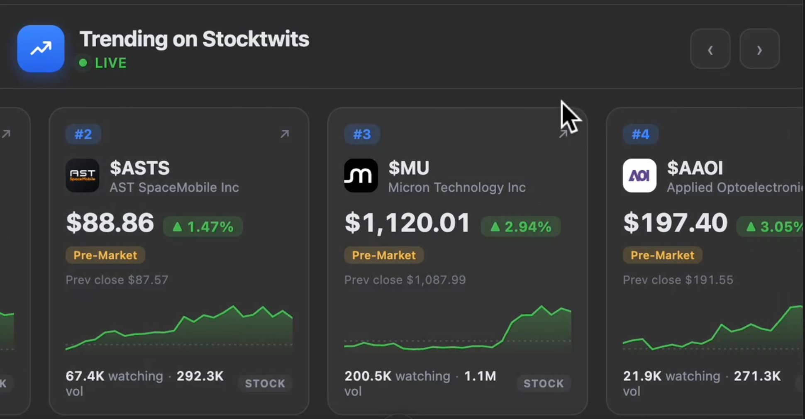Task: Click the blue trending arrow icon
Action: tap(41, 49)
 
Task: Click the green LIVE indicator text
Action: tap(110, 63)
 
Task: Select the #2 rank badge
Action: tap(83, 134)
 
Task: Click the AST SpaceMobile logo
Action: tap(82, 175)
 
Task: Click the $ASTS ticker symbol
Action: tap(140, 168)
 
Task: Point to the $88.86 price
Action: tap(110, 223)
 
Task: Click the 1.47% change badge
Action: tap(203, 227)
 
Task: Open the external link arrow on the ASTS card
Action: tap(285, 134)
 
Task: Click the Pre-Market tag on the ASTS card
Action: tap(105, 255)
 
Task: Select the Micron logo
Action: tap(361, 175)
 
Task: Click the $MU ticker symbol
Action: tap(409, 168)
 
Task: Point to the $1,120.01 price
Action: tap(407, 223)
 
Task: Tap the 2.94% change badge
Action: tap(521, 227)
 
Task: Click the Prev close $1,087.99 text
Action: tap(405, 280)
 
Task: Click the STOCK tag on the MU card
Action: tap(544, 383)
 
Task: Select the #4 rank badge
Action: tap(641, 134)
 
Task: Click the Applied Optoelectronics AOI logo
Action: tap(639, 175)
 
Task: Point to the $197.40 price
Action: tap(676, 223)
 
